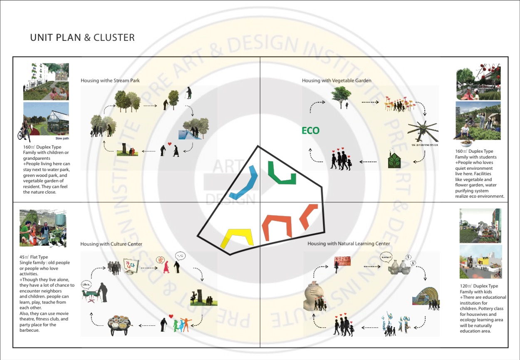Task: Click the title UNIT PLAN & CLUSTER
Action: point(82,37)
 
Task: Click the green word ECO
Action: point(310,131)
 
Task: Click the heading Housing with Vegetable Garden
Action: point(337,80)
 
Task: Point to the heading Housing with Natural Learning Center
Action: point(349,243)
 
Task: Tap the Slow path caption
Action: point(62,139)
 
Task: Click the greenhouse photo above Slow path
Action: point(46,121)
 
